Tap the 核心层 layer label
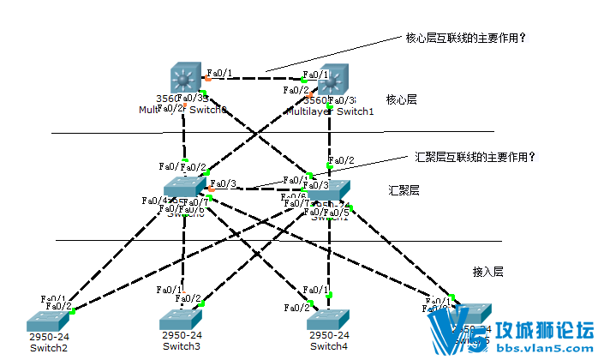point(401,100)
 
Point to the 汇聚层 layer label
point(404,190)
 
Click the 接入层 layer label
point(488,272)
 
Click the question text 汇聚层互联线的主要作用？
point(475,157)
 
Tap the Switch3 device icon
point(181,320)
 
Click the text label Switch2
point(48,348)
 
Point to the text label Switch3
point(181,346)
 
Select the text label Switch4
point(329,346)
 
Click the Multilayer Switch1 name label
point(330,111)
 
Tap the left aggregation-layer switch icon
point(185,189)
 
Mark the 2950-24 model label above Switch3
point(181,335)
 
